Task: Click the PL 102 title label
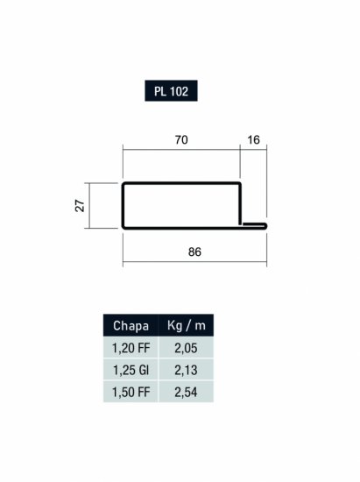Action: click(x=171, y=91)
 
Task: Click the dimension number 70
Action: click(x=181, y=140)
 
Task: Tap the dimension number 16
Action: click(x=253, y=140)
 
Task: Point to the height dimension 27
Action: click(x=80, y=206)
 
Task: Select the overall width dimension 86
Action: click(x=194, y=252)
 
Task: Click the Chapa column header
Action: click(x=131, y=325)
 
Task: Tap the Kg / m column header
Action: click(x=187, y=325)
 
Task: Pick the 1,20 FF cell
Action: click(x=131, y=348)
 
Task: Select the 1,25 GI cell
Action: click(x=131, y=370)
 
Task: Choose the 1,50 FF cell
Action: click(x=131, y=393)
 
